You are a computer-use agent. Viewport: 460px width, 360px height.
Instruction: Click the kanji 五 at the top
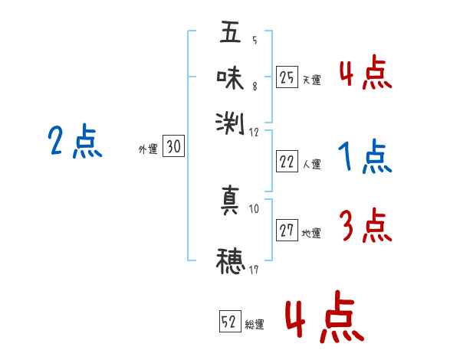coord(230,33)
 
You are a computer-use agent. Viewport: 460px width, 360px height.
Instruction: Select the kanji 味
coord(230,77)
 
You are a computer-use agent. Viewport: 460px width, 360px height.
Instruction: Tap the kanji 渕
coord(230,121)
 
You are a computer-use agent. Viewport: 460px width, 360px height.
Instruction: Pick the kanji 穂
coord(230,260)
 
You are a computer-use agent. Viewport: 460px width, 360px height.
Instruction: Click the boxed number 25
coord(287,77)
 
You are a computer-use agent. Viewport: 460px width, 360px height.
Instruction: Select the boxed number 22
coord(287,162)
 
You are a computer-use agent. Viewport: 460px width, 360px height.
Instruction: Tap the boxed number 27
coord(287,231)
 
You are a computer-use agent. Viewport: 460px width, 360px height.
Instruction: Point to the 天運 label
coord(311,80)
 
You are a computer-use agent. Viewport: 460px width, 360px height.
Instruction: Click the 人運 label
coord(311,164)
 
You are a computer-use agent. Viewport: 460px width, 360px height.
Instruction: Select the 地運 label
coord(311,233)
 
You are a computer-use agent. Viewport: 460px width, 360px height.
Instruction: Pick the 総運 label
coord(255,324)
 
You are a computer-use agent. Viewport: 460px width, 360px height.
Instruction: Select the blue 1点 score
coord(364,159)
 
